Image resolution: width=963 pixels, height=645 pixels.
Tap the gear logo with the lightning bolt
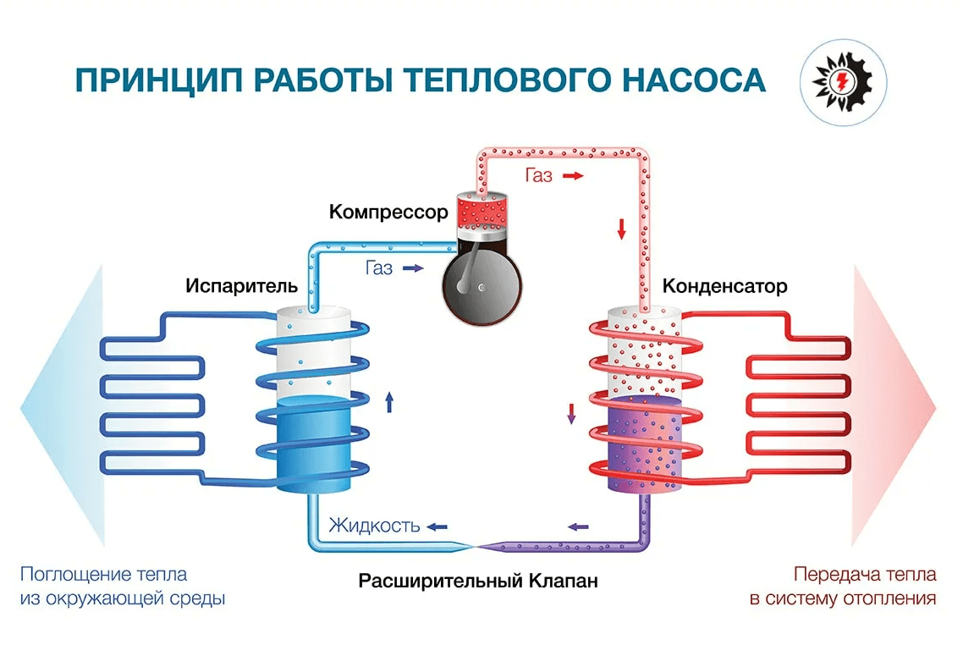click(842, 79)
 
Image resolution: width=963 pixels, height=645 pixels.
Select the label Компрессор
click(388, 212)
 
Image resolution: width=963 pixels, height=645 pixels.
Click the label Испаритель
click(242, 285)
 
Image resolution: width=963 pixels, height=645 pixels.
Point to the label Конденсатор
click(725, 285)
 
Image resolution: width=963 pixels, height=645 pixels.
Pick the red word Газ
click(538, 176)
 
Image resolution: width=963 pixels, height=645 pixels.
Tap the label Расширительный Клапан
click(478, 582)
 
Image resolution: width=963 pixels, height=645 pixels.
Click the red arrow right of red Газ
click(573, 176)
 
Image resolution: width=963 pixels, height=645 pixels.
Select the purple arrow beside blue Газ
click(413, 268)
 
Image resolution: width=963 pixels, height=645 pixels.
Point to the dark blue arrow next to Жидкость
click(437, 526)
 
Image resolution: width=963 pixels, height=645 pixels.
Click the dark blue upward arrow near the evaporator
click(389, 401)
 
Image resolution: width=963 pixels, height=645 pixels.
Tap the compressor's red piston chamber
click(480, 212)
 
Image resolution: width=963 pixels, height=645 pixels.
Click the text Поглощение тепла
click(103, 575)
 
